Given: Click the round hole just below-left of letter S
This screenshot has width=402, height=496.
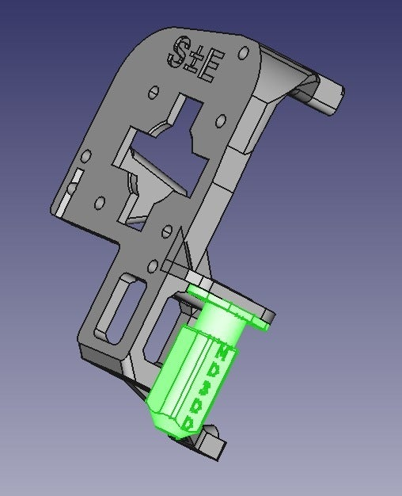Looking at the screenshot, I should (x=150, y=94).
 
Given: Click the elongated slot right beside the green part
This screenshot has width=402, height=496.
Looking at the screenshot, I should (x=161, y=321).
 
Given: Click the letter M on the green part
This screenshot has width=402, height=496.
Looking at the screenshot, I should (x=226, y=352).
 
